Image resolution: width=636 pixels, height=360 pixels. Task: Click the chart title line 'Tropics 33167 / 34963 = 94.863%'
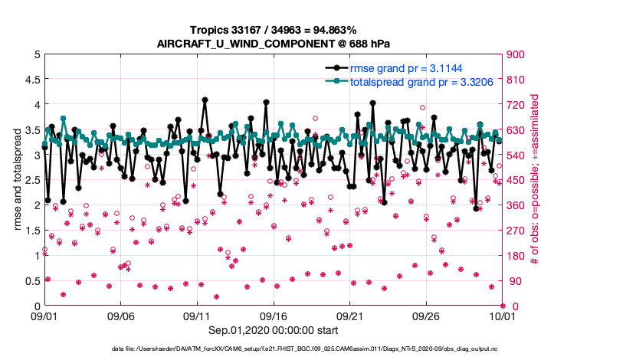point(274,29)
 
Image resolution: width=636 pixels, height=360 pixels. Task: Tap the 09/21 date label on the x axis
point(350,316)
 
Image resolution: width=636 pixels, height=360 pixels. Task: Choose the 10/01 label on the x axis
point(503,316)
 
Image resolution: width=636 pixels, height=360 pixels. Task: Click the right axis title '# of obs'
point(535,180)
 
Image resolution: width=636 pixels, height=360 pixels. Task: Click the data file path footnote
point(316,349)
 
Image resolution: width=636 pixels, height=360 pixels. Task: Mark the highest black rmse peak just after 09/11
point(205,100)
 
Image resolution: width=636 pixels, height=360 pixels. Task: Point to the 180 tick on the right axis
point(516,255)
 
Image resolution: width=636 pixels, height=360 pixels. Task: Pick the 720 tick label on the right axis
point(516,104)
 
